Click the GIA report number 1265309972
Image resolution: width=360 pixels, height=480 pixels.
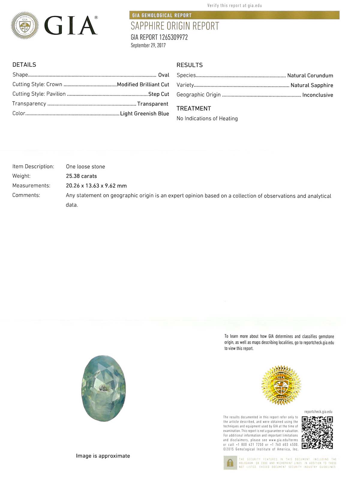click(159, 37)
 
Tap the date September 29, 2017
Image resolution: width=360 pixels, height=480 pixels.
click(148, 45)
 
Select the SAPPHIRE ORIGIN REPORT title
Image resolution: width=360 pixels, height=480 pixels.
click(175, 26)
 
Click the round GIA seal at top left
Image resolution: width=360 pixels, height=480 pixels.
click(25, 25)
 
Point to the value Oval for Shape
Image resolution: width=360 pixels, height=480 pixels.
click(163, 75)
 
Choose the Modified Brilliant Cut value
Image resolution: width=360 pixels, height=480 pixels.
click(143, 85)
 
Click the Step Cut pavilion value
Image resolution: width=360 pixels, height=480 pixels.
click(159, 94)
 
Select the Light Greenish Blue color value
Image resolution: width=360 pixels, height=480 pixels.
click(145, 114)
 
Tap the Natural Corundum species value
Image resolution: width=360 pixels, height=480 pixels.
click(310, 76)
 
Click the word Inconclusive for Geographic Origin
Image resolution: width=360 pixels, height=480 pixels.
click(318, 95)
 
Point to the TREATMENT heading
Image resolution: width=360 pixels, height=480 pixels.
click(194, 109)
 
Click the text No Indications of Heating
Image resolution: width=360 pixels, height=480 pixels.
click(207, 118)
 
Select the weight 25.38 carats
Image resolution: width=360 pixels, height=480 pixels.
click(81, 176)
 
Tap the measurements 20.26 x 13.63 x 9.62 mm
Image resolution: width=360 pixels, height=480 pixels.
click(96, 186)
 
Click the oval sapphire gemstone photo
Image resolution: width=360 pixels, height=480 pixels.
click(103, 388)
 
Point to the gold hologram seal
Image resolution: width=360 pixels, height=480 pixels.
click(281, 385)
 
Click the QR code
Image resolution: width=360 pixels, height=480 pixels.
click(317, 433)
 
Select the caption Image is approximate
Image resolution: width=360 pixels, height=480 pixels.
click(103, 456)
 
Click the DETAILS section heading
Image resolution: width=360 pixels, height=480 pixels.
click(24, 65)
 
